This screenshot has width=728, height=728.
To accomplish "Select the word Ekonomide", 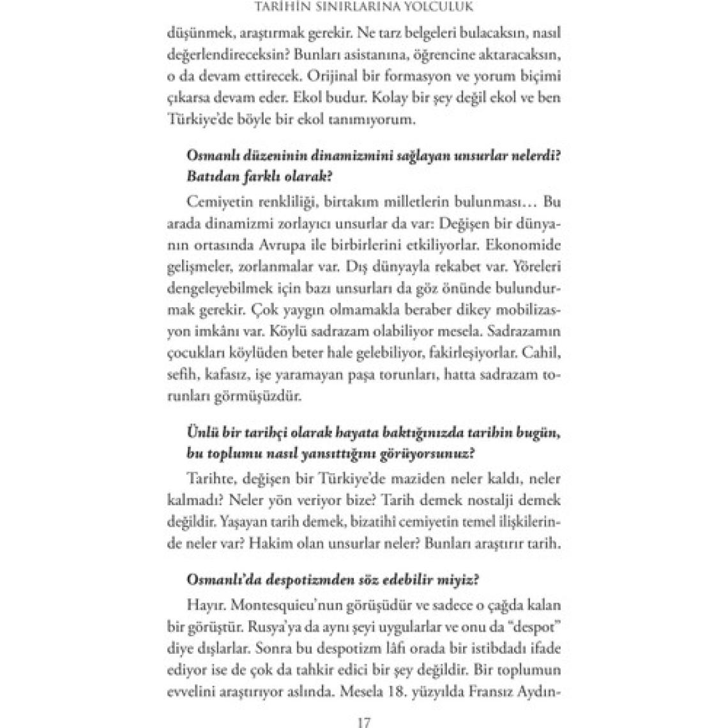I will point(524,243).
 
